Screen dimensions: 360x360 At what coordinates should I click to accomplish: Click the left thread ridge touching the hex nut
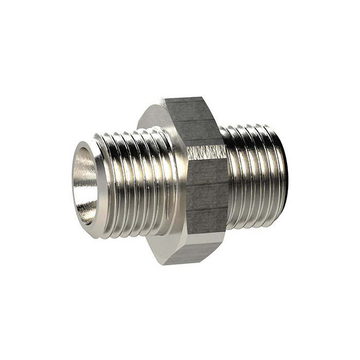pyautogui.click(x=172, y=180)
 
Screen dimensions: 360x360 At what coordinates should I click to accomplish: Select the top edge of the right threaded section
pyautogui.click(x=252, y=127)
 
